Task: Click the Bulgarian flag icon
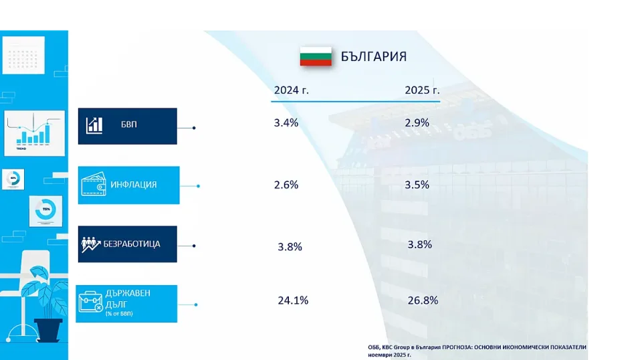click(x=316, y=56)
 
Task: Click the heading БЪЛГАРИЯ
click(x=373, y=57)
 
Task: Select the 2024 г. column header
click(x=292, y=90)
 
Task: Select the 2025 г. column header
click(x=422, y=90)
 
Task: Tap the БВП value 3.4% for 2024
click(x=286, y=123)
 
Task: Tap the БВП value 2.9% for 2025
click(x=417, y=123)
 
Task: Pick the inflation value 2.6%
click(x=286, y=185)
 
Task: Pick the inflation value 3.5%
click(x=417, y=185)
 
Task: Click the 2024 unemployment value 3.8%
click(x=290, y=247)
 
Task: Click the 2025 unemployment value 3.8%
click(x=420, y=245)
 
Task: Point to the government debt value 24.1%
click(x=293, y=301)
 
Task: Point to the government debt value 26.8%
click(x=423, y=301)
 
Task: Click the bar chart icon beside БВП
click(x=94, y=125)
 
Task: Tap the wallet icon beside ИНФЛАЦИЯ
click(x=92, y=185)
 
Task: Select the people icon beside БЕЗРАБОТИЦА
click(x=90, y=244)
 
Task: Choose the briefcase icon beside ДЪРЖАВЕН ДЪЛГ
click(x=91, y=303)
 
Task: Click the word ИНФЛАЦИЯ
click(x=134, y=185)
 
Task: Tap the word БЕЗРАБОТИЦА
click(x=132, y=244)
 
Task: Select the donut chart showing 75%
click(x=45, y=210)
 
